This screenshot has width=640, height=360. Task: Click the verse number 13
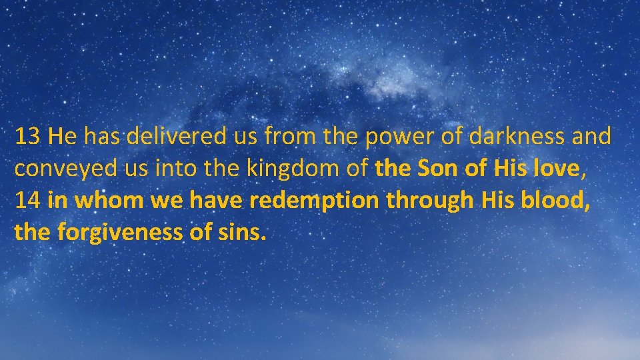tap(28, 137)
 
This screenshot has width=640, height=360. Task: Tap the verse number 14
tap(28, 201)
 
